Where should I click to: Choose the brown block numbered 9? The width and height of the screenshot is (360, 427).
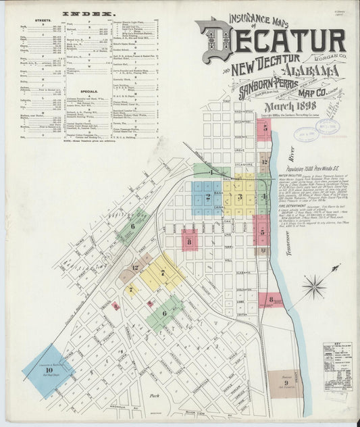[x=286, y=383]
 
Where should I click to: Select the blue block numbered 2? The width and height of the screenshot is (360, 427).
[x=208, y=197]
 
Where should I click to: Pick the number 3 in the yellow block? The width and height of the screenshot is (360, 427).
[x=239, y=197]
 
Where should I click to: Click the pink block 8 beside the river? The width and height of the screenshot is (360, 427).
[x=271, y=299]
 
